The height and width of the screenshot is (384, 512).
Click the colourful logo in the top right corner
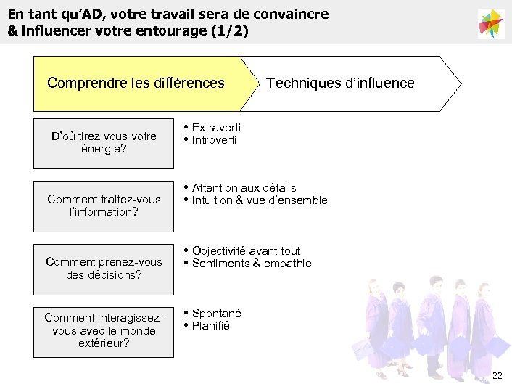click(x=491, y=23)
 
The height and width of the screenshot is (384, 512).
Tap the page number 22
click(x=497, y=375)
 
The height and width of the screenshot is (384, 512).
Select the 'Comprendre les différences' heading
click(x=136, y=83)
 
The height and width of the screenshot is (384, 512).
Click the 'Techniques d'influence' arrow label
click(x=340, y=83)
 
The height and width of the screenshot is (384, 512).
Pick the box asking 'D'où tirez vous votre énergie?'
click(x=104, y=142)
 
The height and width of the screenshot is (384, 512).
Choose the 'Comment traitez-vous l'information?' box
click(x=104, y=205)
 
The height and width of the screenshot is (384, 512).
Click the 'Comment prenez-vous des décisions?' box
click(x=104, y=269)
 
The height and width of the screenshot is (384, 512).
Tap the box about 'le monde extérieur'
click(x=104, y=330)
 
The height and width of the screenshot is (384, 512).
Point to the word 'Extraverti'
click(x=216, y=128)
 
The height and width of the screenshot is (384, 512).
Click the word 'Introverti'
click(x=214, y=140)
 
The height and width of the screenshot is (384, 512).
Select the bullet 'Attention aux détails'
click(x=244, y=188)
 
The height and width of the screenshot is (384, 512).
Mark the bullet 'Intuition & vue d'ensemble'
click(x=260, y=200)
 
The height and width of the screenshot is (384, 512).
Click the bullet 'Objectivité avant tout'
click(x=246, y=251)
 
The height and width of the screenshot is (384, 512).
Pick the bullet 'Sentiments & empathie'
click(x=252, y=264)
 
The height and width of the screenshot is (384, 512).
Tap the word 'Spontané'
click(x=217, y=314)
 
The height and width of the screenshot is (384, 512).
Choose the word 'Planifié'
click(x=211, y=326)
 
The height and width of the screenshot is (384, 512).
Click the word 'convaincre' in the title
click(x=289, y=14)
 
